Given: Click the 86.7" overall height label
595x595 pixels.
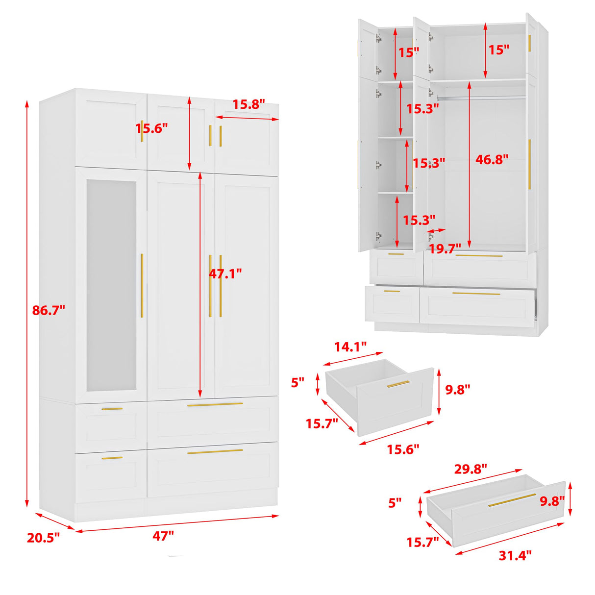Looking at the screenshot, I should pos(49,310).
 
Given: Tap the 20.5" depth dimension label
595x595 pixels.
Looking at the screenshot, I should pos(43,538).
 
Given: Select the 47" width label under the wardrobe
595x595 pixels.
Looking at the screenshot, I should pos(163,536).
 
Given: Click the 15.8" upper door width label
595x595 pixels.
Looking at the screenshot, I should pos(248,104).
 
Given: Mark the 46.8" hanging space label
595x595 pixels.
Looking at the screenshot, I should pos(492,159).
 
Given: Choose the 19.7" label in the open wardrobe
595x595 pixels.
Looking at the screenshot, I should pos(445,248).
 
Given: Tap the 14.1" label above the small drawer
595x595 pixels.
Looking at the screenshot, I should pos(350,347).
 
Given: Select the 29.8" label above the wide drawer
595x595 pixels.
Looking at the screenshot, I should pos(471,469).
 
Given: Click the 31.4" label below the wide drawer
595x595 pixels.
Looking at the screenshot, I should pos(515,555).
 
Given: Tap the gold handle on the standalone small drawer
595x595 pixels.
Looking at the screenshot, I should pos(398,384).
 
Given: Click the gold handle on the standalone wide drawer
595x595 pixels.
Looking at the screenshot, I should pos(512,500).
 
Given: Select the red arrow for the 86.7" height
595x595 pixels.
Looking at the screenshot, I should pos(27,304).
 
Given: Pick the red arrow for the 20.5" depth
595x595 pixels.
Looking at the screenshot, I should pos(54,521).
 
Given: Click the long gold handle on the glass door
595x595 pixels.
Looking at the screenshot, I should pos(142,285).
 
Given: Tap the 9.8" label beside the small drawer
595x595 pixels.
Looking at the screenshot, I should pos(457,390).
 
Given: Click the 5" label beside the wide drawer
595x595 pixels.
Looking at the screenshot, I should pos(395,503).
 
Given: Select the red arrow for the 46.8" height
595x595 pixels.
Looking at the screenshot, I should pos(470,165).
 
